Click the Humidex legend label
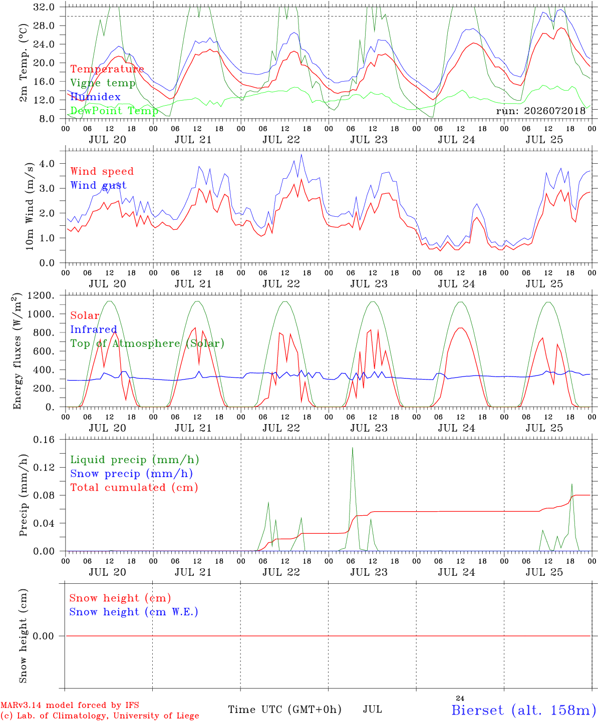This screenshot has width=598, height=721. point(95,97)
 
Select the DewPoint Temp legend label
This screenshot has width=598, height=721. point(114,111)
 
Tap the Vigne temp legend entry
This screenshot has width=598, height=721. point(103,83)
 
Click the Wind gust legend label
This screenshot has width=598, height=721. point(99,185)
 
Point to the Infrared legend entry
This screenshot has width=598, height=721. point(94,329)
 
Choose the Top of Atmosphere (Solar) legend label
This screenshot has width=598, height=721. point(148,343)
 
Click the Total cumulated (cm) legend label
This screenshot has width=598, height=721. point(134,487)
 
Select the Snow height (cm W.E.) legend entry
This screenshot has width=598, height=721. point(134,611)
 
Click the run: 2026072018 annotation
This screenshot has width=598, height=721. point(540,111)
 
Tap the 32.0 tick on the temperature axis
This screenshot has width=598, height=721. point(44,7)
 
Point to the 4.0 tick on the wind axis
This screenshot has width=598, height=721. point(47,163)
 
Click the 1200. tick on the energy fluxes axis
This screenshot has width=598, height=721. point(41,295)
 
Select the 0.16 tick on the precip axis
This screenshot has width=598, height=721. point(44,440)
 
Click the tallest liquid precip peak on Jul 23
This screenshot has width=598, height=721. point(353,448)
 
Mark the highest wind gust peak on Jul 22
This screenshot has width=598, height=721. point(301,154)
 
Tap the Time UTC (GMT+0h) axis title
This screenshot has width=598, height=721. point(284,709)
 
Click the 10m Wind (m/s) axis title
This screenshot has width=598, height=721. point(30,206)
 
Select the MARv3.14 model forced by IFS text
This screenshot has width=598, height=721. point(70,705)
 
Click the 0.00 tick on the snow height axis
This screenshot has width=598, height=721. point(44,636)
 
